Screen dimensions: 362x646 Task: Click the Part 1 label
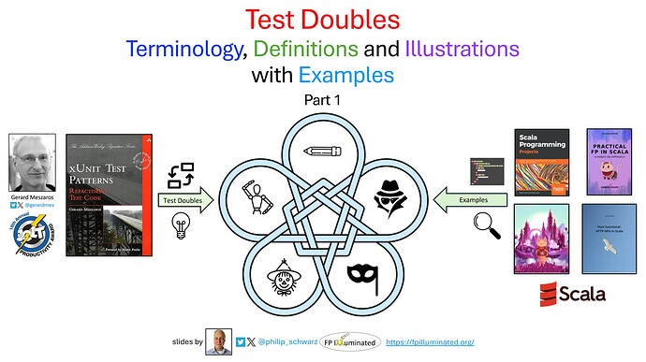click(322, 99)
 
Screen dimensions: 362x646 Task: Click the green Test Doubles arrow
click(184, 200)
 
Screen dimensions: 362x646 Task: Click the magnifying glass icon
click(486, 225)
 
